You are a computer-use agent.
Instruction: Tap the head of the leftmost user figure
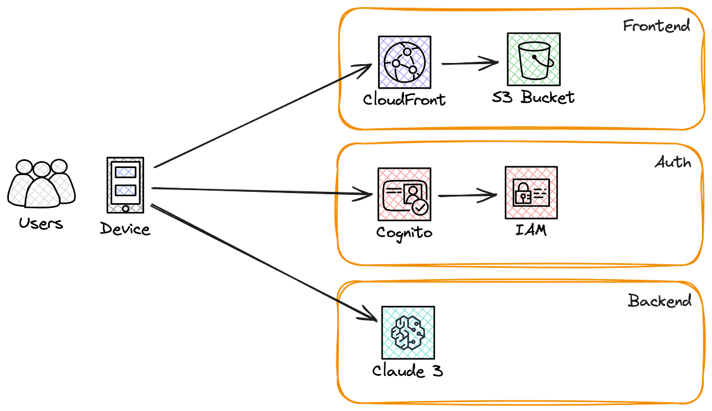(24, 167)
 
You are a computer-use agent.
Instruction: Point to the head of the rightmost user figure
(59, 166)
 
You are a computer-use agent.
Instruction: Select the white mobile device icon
(126, 185)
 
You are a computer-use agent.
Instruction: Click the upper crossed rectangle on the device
(126, 172)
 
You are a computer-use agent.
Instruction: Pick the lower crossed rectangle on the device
(126, 191)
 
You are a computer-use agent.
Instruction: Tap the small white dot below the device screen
(126, 208)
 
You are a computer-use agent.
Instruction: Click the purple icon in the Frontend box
(405, 62)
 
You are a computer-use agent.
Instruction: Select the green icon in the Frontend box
(533, 59)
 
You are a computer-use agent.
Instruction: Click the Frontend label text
(656, 26)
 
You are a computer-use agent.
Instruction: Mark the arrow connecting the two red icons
(468, 195)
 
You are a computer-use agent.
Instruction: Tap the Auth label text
(673, 162)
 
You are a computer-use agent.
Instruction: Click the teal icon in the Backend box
(408, 333)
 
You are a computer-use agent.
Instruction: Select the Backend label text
(659, 301)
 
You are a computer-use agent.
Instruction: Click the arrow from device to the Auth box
(255, 191)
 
